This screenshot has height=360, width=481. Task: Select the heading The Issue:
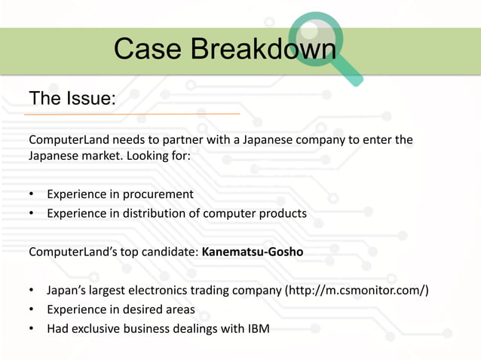click(x=72, y=98)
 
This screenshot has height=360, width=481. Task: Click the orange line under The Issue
click(x=132, y=114)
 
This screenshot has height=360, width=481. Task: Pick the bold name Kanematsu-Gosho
click(x=253, y=252)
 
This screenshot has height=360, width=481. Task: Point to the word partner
click(x=182, y=140)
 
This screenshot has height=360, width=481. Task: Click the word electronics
click(x=167, y=290)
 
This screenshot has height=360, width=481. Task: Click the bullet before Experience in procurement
click(x=32, y=194)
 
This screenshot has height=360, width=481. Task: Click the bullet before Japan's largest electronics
click(x=32, y=290)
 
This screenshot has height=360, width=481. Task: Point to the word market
click(x=97, y=156)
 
